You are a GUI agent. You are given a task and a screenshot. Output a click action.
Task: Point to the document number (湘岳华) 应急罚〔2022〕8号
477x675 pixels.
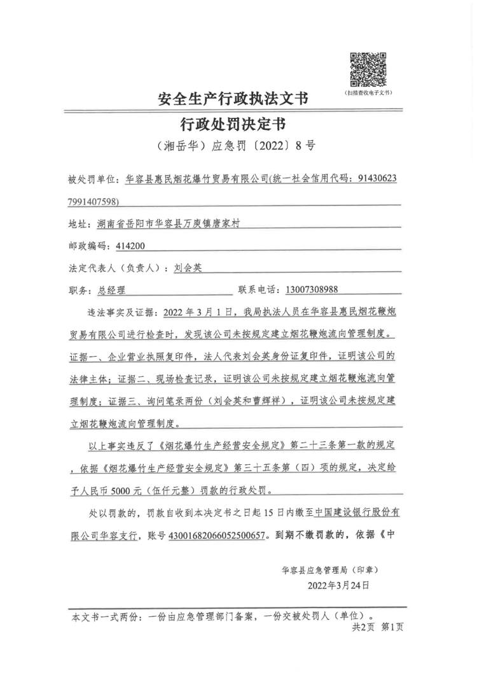235,146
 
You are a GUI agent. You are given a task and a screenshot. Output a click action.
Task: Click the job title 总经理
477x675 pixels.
112,290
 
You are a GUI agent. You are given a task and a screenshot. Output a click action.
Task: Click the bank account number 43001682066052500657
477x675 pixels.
216,536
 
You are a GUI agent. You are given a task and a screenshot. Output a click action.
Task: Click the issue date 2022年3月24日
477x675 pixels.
338,585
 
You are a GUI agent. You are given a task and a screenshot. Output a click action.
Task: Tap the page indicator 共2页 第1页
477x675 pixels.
378,627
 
